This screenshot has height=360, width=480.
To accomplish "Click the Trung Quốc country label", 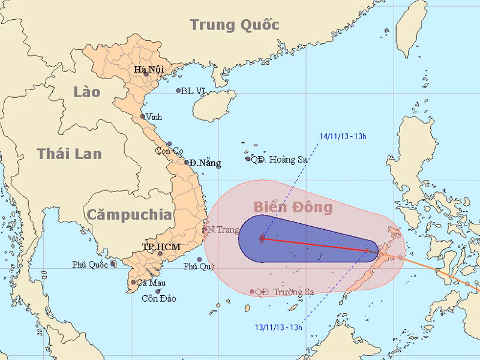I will coord(235,25).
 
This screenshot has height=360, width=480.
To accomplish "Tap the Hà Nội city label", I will coord(149,70).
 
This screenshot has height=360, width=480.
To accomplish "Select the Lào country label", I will coord(87,92).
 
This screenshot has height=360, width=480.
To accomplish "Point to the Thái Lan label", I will coord(69,154).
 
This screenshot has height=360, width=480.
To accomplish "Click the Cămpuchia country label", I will coord(128,215).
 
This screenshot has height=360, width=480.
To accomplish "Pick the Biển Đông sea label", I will coord(292,207).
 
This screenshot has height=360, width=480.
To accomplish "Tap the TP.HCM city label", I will coord(161,247).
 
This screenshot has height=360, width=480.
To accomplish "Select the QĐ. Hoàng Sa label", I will coord(277,159).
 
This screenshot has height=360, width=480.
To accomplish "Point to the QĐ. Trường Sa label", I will coord(284,292).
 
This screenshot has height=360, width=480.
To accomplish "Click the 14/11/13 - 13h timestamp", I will coord(343,136).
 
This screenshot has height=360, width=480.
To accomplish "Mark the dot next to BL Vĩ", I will coord(178,91).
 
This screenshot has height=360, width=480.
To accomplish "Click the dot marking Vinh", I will coord(143,116).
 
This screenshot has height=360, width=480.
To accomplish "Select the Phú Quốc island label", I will coord(91,264).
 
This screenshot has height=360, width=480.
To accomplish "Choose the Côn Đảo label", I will coord(158,298).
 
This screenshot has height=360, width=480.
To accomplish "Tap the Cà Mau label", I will coord(151,283).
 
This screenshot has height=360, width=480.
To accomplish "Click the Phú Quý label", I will coord(198,266).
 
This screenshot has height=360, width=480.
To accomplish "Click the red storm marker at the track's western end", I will coord(262,238).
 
